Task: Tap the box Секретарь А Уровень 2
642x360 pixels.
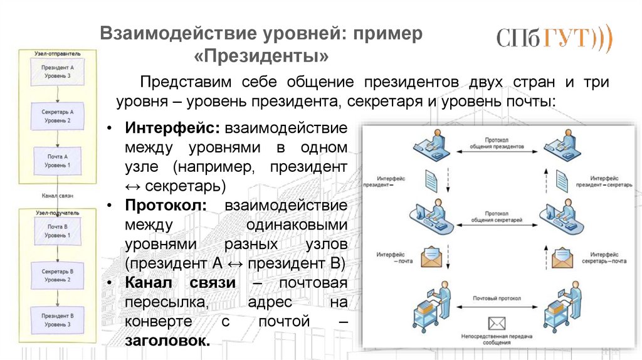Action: coord(57,115)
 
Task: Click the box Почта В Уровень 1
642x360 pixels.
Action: coord(57,230)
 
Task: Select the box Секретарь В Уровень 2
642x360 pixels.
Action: coord(57,275)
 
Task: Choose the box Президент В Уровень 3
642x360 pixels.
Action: coord(57,320)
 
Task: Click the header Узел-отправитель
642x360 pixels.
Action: coord(58,54)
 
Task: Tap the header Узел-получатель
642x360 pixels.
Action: coord(58,213)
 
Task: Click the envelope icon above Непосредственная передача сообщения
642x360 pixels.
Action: coord(497,324)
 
